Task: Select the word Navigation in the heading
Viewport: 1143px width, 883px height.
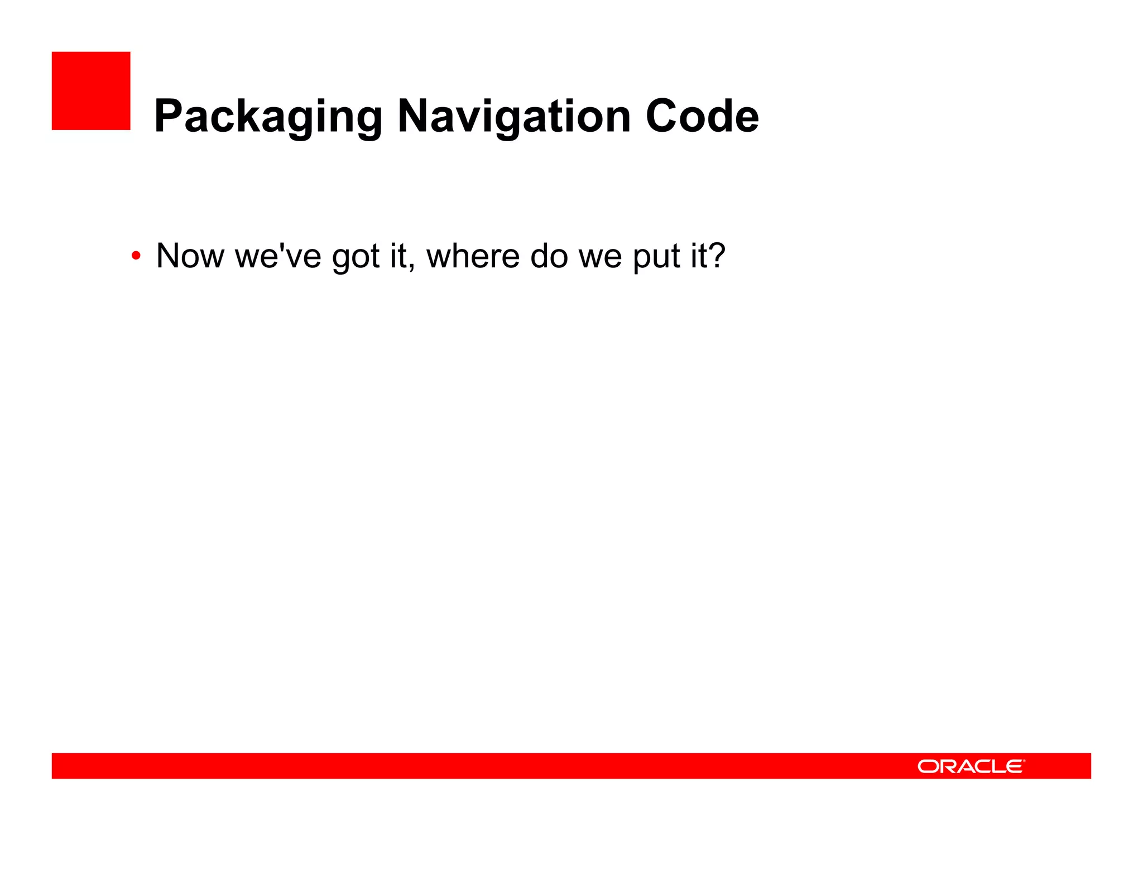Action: tap(514, 117)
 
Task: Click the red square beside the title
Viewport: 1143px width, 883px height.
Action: tap(91, 91)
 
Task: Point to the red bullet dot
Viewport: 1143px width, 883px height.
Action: tap(136, 257)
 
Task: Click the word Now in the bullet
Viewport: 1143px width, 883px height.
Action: tap(190, 256)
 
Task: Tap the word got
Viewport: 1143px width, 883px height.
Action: tap(356, 258)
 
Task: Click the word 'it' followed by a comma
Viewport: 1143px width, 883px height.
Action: tap(400, 256)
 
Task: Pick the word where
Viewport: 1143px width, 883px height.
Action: tap(473, 256)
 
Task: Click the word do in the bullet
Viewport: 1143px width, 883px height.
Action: tap(548, 256)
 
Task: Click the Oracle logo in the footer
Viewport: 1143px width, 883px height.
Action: tap(971, 766)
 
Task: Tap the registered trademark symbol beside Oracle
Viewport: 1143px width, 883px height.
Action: tap(1024, 760)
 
